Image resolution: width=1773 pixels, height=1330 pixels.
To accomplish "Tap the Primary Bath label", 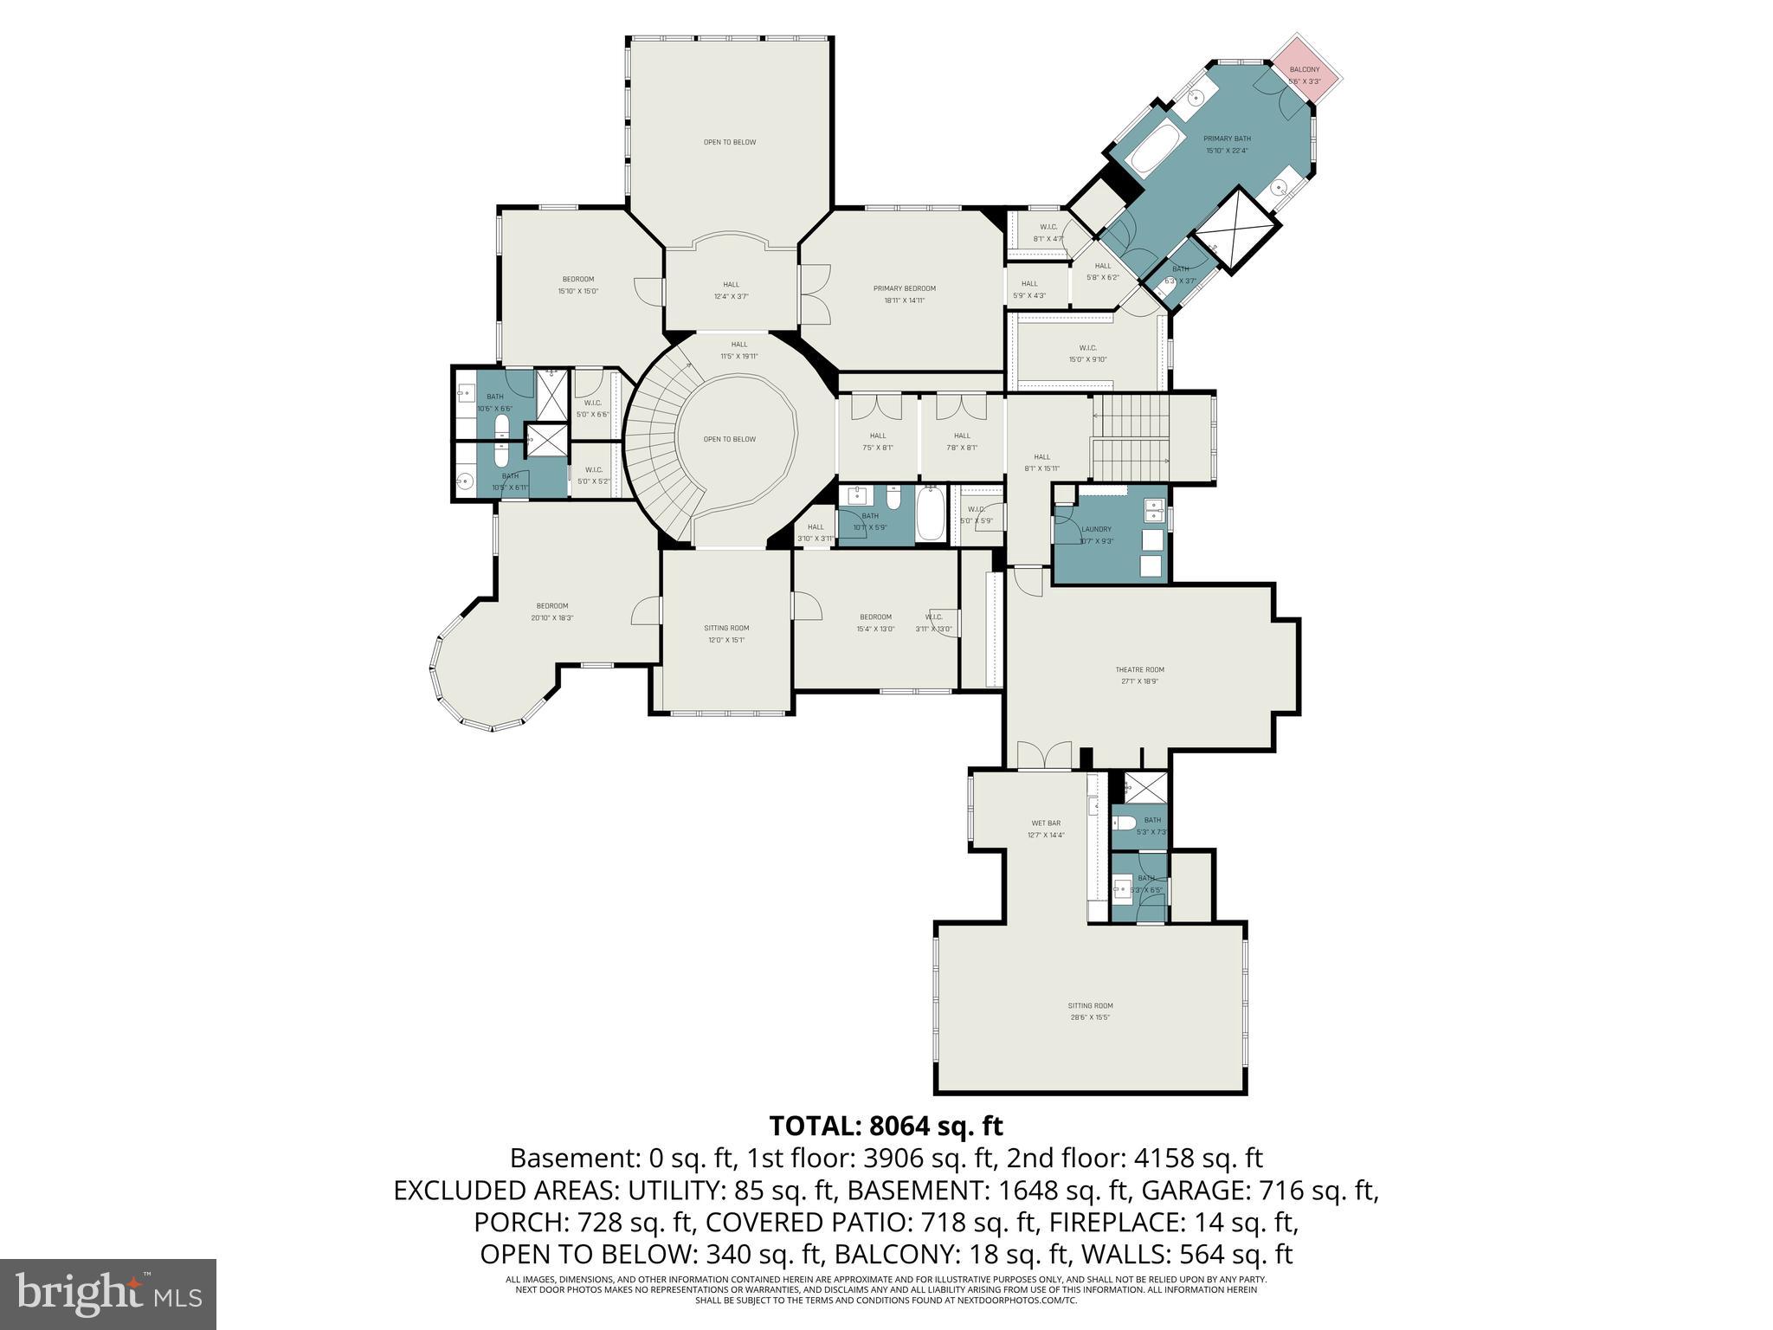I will click(x=1227, y=144).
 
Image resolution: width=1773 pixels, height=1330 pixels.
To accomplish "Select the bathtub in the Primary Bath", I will click(x=1156, y=149).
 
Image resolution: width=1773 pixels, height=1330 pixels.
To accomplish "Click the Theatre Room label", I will click(x=1139, y=675).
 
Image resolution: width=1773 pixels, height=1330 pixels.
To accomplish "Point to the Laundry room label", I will click(x=1096, y=534).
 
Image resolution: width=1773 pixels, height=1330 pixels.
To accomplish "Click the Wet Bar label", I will click(x=1046, y=829).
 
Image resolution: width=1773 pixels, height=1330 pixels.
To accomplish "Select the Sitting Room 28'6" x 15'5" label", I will click(x=1090, y=1011).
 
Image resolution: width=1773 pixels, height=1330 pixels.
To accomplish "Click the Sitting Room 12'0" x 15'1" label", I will click(x=726, y=633).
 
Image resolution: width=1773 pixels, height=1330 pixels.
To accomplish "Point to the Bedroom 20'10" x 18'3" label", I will click(x=551, y=611).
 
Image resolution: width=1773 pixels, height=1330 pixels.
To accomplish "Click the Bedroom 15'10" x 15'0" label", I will click(x=578, y=284).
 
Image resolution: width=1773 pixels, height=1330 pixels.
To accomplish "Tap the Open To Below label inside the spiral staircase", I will click(x=729, y=439).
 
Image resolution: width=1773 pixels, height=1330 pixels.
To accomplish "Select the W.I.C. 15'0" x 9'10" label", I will click(x=1087, y=353).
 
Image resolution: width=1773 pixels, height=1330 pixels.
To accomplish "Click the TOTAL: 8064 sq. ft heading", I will click(x=886, y=1126).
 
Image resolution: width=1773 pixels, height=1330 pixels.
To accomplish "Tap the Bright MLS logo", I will click(x=108, y=1294).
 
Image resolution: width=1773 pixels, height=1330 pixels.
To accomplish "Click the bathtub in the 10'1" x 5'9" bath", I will click(x=930, y=513).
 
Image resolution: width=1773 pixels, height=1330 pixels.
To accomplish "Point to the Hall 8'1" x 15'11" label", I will click(x=1041, y=462).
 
